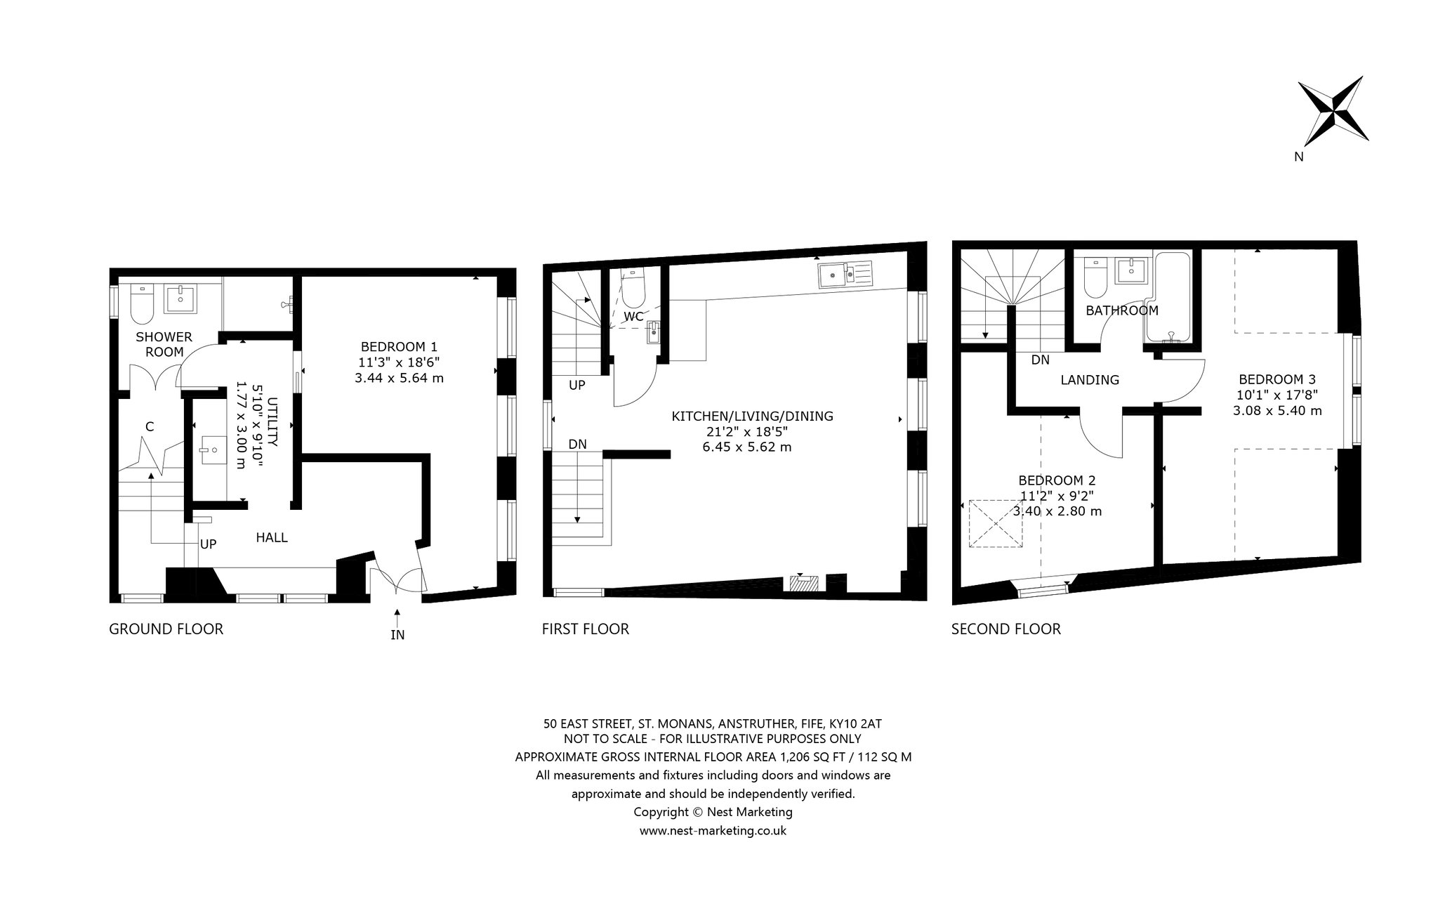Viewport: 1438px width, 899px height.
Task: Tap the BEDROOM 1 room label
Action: pos(399,346)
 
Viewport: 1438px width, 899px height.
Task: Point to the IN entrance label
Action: pos(397,635)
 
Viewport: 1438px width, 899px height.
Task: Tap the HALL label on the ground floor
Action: pos(272,537)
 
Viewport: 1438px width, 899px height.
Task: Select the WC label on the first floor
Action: pos(633,317)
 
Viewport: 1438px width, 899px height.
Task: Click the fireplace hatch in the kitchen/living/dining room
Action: pos(803,582)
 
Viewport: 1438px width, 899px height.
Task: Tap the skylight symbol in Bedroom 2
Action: pos(996,523)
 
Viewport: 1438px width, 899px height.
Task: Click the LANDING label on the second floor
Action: pos(1090,380)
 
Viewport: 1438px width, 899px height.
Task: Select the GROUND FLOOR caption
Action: pos(166,629)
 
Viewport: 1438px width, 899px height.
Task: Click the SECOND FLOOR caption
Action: pos(1006,629)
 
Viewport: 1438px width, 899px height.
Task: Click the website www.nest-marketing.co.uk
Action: pos(713,831)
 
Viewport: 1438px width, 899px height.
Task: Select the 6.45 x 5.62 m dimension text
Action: pos(747,447)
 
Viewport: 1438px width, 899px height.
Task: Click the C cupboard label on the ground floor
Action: pos(150,426)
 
